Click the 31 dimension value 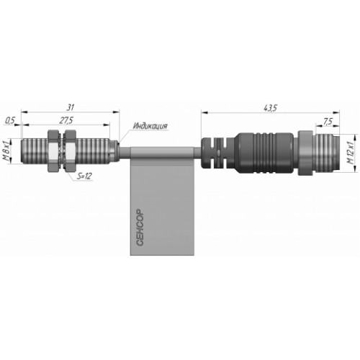point(70,107)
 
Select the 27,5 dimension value point(66,121)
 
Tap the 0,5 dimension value point(10,121)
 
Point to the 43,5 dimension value point(270,108)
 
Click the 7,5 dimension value point(328,122)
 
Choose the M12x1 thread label point(351,153)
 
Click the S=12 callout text point(84,176)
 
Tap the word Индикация point(150,126)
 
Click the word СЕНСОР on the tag point(140,228)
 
